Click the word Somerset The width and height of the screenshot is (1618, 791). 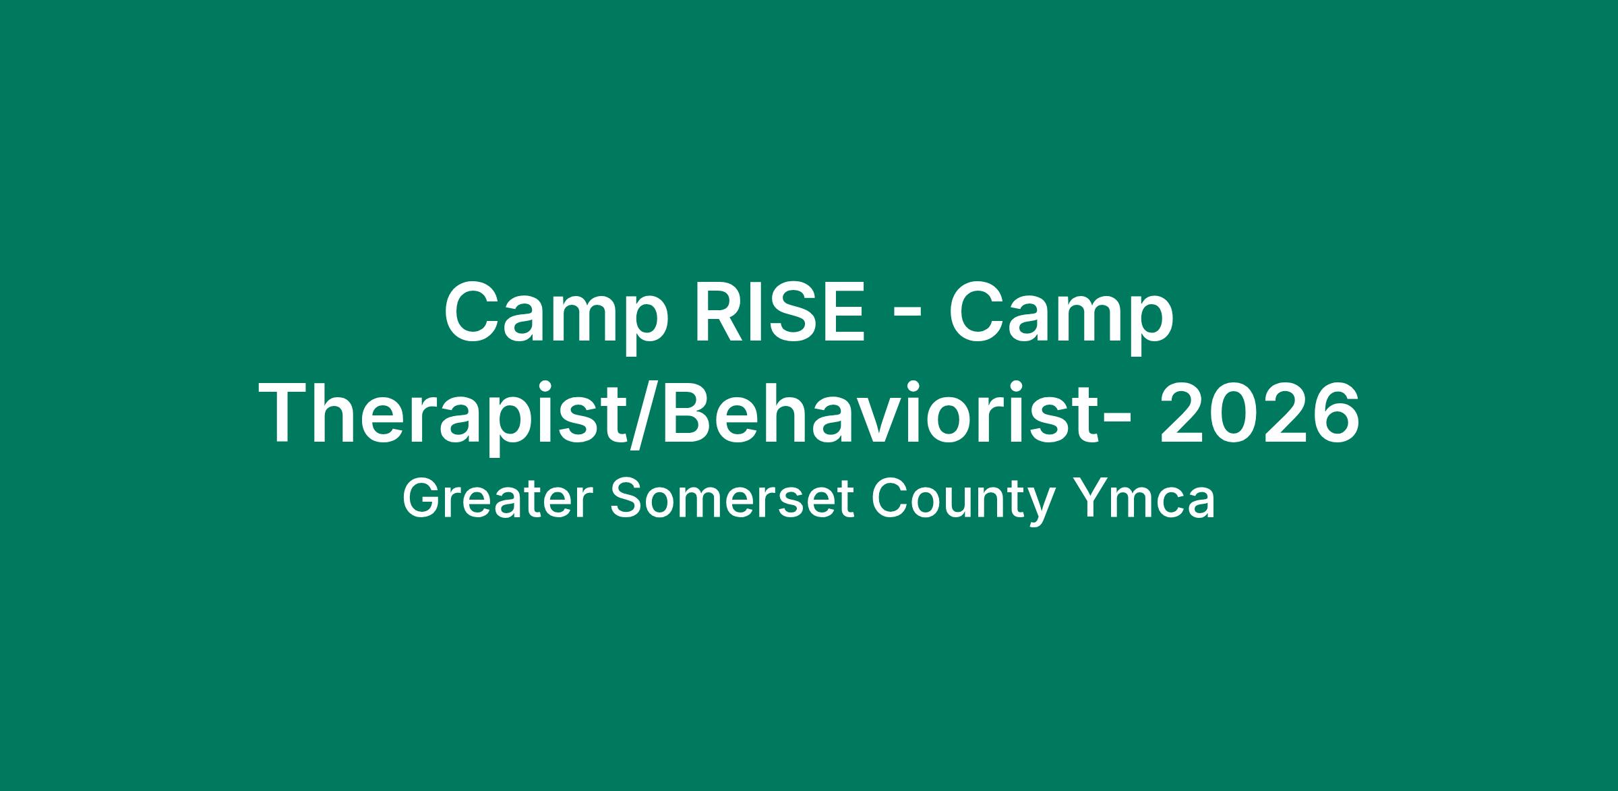click(733, 500)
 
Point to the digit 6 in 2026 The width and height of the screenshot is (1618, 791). click(1334, 413)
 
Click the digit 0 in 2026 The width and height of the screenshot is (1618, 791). click(1234, 413)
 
